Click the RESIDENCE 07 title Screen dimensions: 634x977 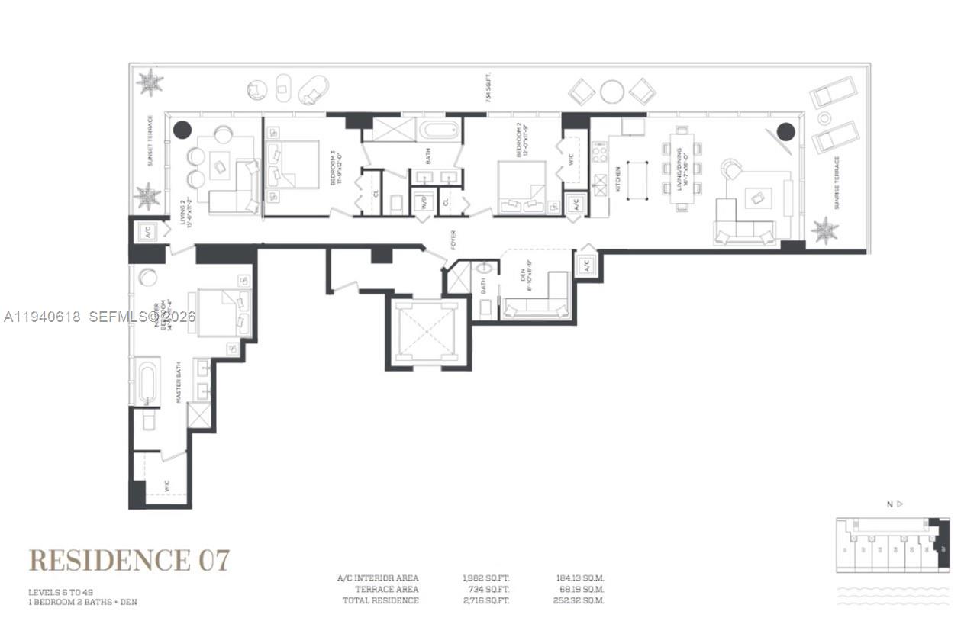click(x=129, y=559)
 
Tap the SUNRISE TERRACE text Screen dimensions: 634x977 click(x=837, y=183)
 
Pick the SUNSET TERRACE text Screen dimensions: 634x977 click(x=150, y=140)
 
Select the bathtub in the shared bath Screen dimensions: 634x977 click(x=438, y=129)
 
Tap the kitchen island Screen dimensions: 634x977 click(x=637, y=180)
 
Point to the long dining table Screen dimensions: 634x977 click(x=681, y=168)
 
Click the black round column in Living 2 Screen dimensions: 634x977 click(x=182, y=130)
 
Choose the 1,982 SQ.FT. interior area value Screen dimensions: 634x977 click(x=486, y=578)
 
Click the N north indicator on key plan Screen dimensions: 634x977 click(x=890, y=504)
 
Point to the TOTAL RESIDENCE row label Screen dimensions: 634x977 click(x=380, y=601)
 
